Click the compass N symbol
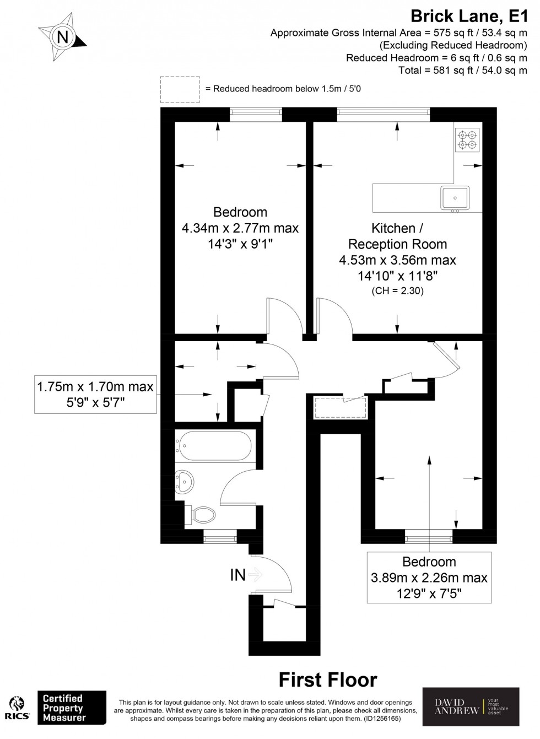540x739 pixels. tap(63, 37)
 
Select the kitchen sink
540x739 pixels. tap(455, 197)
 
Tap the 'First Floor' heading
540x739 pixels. tap(327, 680)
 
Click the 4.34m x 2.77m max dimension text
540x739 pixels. tap(240, 228)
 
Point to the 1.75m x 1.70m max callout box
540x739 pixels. tap(95, 395)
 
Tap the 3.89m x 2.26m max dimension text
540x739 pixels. tap(429, 578)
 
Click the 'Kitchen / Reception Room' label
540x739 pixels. tap(397, 236)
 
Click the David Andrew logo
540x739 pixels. tap(470, 706)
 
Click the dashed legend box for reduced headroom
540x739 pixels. tap(180, 89)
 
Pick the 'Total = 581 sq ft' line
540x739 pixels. tap(462, 71)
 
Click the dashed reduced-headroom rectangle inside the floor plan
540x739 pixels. tap(341, 408)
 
